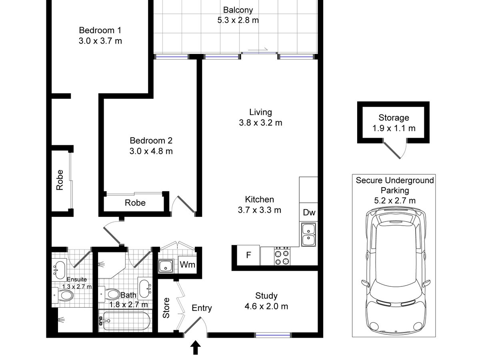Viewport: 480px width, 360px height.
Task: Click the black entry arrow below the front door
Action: [195, 347]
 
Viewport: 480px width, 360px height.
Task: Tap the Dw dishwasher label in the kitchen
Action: [309, 212]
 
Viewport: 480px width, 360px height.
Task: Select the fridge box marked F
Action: [248, 255]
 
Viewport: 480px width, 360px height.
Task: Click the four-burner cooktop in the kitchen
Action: [282, 256]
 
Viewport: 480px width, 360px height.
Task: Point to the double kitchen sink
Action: [308, 234]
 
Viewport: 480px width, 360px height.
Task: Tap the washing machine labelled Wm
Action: [188, 265]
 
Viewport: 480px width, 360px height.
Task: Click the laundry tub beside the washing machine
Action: [166, 266]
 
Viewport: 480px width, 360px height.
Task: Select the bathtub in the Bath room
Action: [125, 321]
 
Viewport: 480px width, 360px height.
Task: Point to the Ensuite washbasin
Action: [59, 270]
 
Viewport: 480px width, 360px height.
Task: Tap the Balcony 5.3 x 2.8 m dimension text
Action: [238, 20]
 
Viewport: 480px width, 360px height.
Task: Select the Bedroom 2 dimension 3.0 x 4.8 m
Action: [151, 151]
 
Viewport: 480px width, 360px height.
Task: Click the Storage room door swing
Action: [395, 148]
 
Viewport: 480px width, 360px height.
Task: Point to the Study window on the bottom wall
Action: [273, 335]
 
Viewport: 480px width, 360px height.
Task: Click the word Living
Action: [260, 112]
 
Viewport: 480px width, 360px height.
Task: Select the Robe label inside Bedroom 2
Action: [135, 203]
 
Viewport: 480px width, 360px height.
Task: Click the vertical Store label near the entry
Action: [166, 308]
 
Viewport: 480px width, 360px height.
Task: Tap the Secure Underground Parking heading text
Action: [395, 185]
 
